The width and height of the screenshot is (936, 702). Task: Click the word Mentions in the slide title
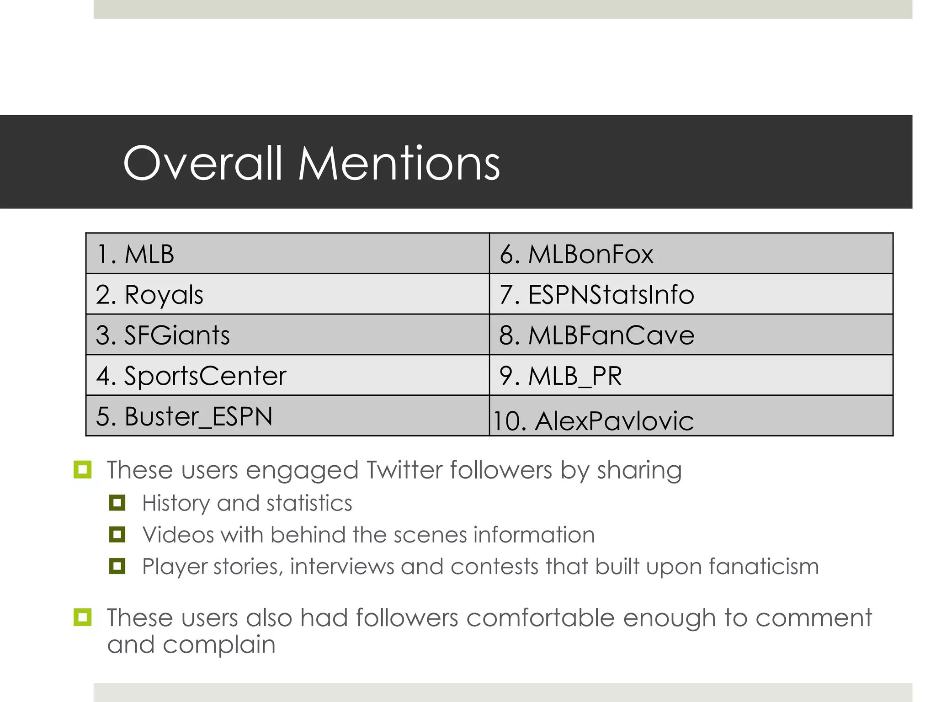coord(399,163)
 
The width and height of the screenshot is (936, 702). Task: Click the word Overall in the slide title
coord(203,163)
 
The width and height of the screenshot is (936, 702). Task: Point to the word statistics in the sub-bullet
coord(309,503)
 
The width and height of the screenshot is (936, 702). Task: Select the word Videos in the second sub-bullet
coord(178,535)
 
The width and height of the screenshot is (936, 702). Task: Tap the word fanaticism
coord(764,567)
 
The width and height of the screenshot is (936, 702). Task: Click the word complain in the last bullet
coord(219,645)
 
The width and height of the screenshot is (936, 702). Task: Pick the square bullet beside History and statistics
coord(117,503)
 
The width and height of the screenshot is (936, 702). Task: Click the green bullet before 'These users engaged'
coord(82,469)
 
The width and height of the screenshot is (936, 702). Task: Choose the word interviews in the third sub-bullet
coord(342,567)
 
